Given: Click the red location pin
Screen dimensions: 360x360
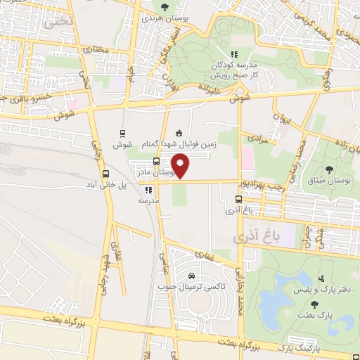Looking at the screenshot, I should point(181,167).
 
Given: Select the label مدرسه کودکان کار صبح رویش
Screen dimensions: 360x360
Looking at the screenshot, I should point(234,69).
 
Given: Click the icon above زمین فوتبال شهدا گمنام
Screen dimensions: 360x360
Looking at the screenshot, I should point(178,133).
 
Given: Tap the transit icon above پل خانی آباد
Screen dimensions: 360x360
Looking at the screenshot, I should point(106,174).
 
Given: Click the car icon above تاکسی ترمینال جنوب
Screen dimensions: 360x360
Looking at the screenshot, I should point(191,276).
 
